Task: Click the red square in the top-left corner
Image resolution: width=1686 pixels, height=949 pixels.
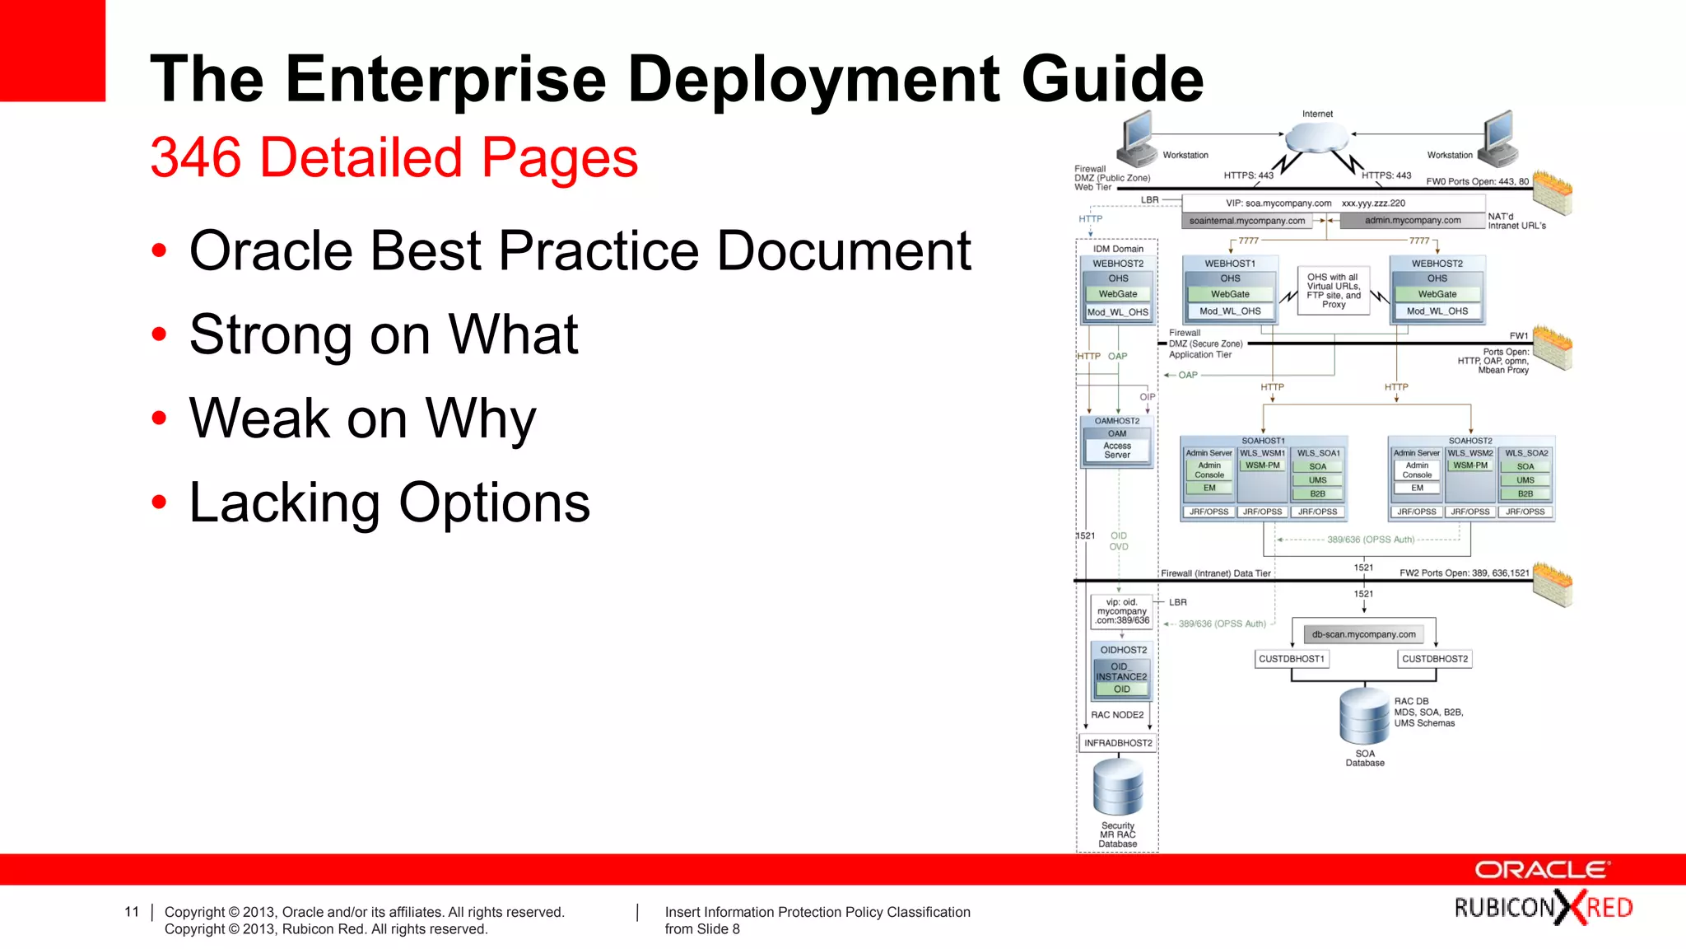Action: pos(52,50)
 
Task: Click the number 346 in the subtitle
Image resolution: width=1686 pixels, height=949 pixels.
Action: pos(196,157)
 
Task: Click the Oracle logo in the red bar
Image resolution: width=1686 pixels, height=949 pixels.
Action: pos(1541,870)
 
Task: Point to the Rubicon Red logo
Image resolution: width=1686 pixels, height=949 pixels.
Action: pos(1543,908)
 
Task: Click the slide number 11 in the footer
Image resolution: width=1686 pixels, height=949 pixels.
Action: pos(132,912)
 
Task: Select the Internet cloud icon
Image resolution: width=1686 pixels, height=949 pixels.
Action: pos(1317,137)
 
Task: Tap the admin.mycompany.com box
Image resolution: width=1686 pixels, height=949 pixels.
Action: pos(1412,221)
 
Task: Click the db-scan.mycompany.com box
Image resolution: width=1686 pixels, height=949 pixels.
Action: pos(1363,634)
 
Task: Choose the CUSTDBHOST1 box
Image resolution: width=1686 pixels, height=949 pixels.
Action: pos(1292,659)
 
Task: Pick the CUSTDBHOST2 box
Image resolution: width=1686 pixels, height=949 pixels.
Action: pos(1435,659)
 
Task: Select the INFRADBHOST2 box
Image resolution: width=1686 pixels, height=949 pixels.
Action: pos(1118,743)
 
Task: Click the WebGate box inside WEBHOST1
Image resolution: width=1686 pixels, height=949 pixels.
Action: pos(1230,294)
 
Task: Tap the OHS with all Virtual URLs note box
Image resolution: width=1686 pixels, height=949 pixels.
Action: pos(1334,291)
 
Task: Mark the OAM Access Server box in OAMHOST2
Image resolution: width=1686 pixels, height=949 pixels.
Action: pos(1117,446)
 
